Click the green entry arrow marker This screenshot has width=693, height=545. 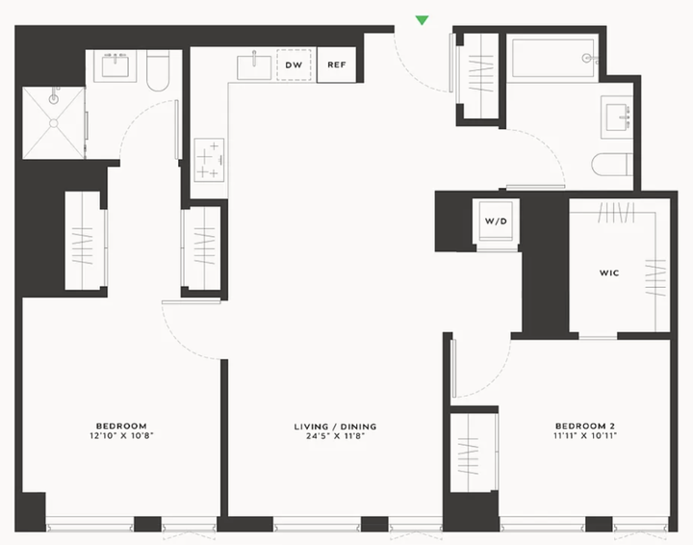[x=423, y=20]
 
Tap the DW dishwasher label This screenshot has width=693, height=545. [x=294, y=65]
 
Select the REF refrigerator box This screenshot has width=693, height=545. [x=336, y=65]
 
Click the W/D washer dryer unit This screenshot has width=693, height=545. [x=496, y=221]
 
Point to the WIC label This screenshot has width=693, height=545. [x=609, y=272]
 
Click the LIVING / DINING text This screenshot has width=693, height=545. [x=336, y=427]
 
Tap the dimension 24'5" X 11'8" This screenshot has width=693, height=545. [x=336, y=436]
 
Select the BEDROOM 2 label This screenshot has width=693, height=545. [x=585, y=427]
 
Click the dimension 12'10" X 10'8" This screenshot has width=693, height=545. [x=121, y=436]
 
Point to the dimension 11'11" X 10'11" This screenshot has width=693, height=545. [x=585, y=436]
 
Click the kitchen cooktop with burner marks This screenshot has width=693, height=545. [x=209, y=160]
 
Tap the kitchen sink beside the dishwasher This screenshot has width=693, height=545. [x=254, y=67]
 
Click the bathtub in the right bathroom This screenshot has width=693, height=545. [x=552, y=59]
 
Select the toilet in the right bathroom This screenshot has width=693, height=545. [x=611, y=165]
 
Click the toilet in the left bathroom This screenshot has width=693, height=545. [x=158, y=70]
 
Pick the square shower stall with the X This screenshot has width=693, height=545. [x=54, y=122]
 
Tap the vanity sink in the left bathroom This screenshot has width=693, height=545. [x=115, y=66]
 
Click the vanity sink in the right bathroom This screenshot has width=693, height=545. [x=617, y=117]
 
